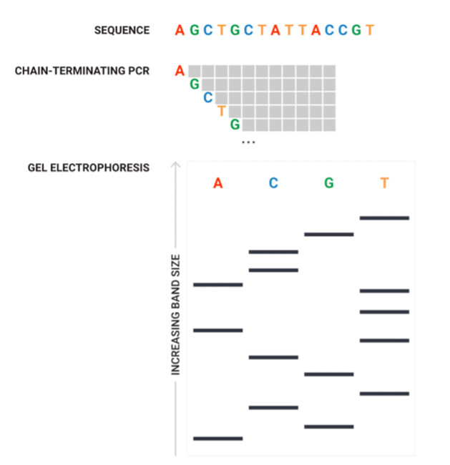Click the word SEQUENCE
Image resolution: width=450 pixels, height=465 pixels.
click(122, 30)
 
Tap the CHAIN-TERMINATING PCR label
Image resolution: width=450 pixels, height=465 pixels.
click(82, 72)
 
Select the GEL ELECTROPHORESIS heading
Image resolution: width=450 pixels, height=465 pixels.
click(89, 168)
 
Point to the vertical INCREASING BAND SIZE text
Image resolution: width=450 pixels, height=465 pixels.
click(175, 314)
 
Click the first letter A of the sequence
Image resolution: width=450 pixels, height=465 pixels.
click(180, 30)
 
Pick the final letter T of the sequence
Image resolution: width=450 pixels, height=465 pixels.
click(369, 30)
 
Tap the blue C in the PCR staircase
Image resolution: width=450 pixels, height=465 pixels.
click(207, 98)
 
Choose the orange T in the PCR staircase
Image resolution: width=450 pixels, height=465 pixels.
click(221, 111)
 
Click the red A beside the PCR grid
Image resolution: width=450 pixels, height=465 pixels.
click(180, 71)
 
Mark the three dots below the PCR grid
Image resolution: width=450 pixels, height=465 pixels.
click(248, 142)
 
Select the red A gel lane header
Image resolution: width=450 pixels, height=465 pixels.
click(218, 183)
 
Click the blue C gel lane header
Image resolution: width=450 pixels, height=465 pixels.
click(273, 183)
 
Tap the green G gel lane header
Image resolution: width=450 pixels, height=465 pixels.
click(329, 183)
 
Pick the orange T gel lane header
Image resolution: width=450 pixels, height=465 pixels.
click(384, 183)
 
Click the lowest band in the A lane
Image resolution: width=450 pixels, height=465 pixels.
click(218, 438)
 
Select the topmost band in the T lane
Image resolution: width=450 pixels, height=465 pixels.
click(384, 217)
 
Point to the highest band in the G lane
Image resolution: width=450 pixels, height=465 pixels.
click(329, 234)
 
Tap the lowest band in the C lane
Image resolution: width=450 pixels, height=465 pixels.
click(273, 408)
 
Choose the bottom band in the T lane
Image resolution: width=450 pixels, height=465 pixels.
click(384, 393)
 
